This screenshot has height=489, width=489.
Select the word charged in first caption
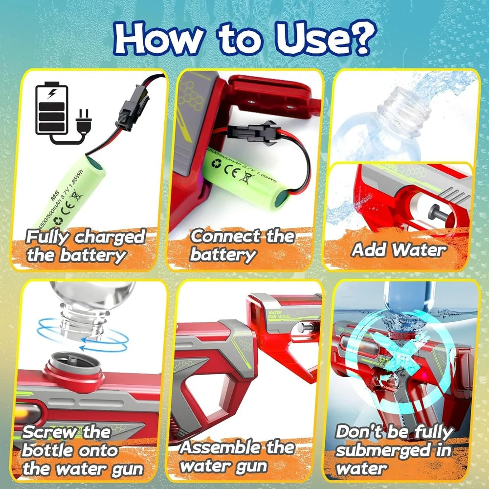coord(110,238)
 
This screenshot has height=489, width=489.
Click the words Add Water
coord(399,250)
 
